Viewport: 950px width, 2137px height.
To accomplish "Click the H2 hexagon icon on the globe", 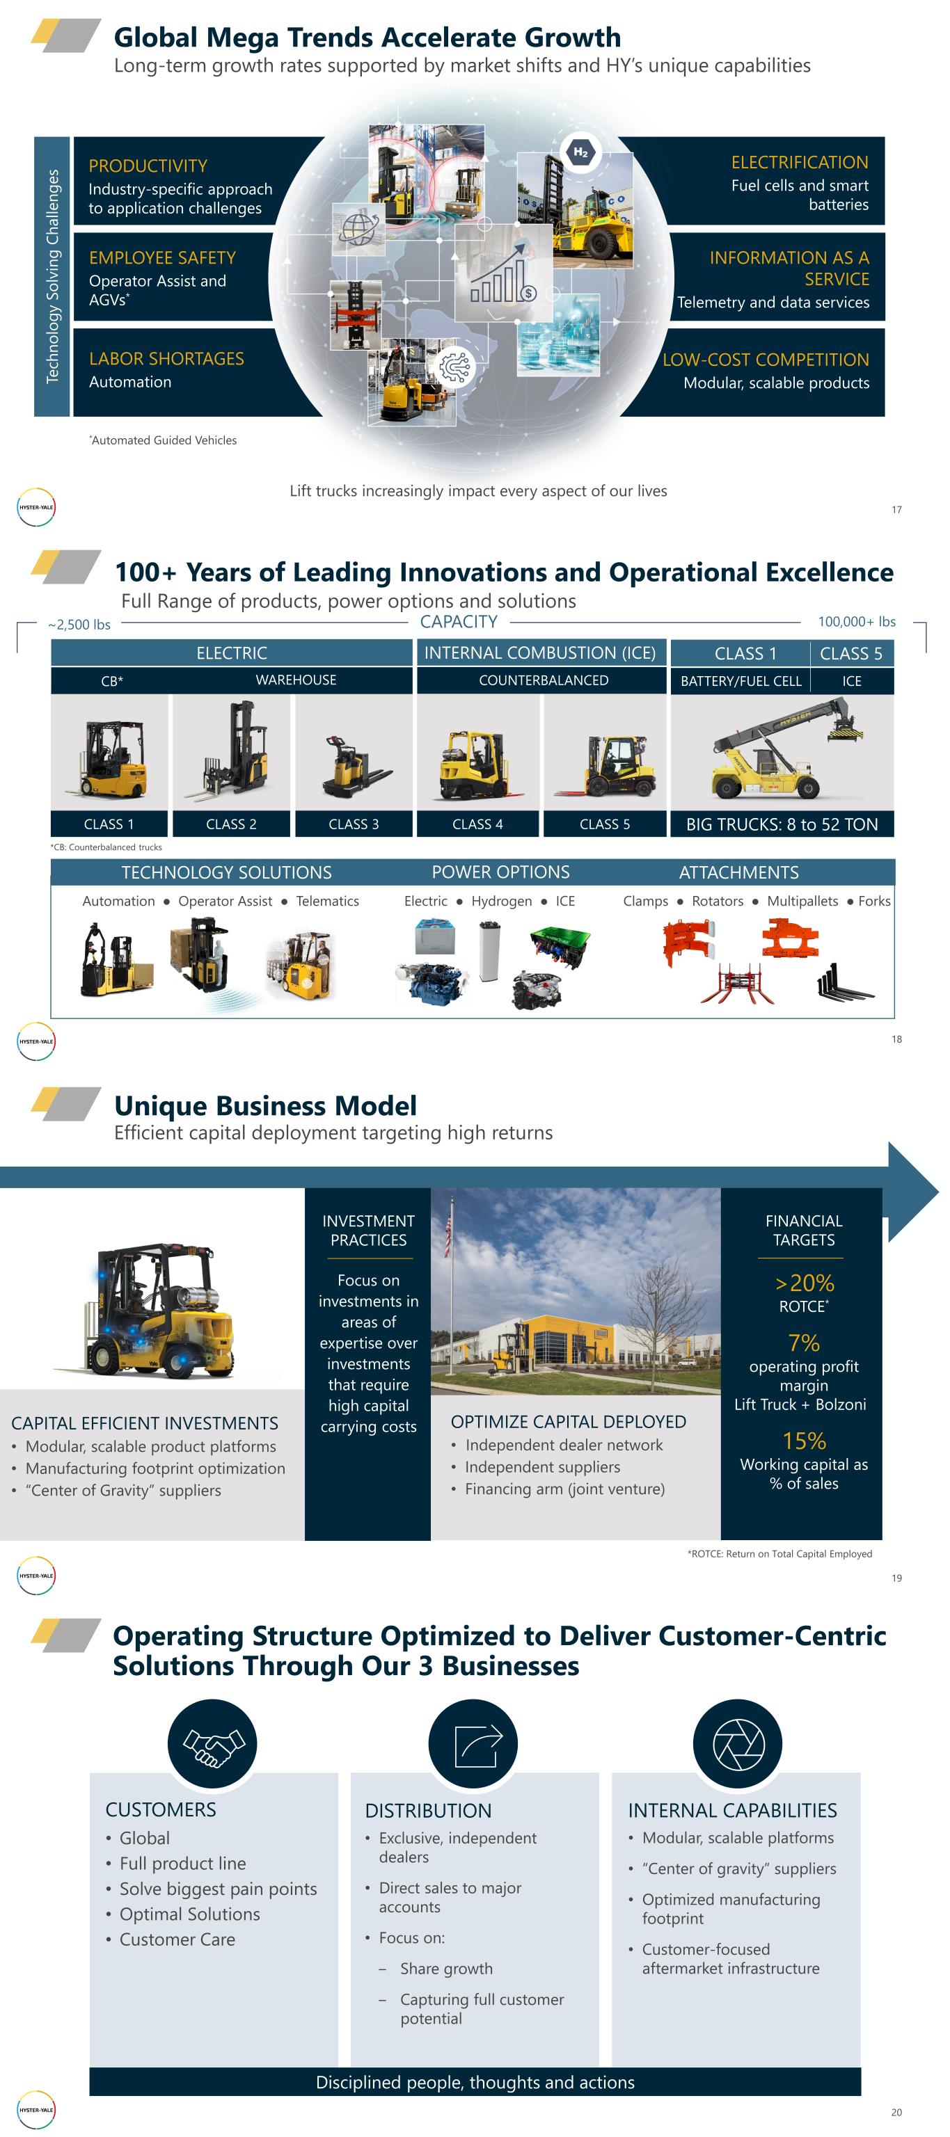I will [580, 152].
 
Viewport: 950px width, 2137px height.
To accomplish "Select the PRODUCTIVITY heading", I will [148, 166].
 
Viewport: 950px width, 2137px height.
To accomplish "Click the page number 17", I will [896, 509].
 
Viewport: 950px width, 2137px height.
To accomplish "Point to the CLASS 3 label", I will [354, 824].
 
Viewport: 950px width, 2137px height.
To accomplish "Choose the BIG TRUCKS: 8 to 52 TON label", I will [782, 824].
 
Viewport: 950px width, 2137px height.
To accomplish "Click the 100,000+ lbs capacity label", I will [856, 621].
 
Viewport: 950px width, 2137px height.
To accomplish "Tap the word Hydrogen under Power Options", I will [501, 901].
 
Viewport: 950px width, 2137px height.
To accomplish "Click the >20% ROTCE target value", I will [804, 1283].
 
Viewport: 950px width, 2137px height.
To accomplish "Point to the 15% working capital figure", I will [804, 1441].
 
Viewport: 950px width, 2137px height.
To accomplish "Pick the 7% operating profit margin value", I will [804, 1343].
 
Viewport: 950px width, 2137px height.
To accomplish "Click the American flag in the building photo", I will [449, 1236].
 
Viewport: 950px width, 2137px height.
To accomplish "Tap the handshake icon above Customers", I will [212, 1744].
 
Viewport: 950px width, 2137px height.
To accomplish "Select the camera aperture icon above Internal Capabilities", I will [738, 1744].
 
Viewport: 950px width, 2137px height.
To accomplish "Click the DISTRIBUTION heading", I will [428, 1810].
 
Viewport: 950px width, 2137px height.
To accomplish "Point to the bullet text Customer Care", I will [177, 1939].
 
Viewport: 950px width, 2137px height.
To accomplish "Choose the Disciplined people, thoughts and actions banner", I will [475, 2081].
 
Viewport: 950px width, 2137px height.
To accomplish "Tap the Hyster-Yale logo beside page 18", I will [36, 1041].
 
